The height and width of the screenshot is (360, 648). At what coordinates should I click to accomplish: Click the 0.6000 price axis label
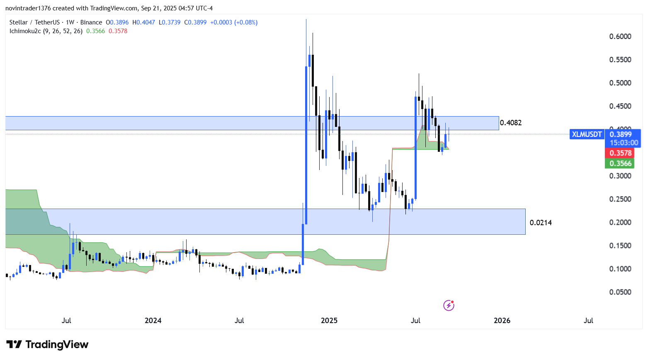620,36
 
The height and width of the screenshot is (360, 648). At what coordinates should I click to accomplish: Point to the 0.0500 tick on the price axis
620,292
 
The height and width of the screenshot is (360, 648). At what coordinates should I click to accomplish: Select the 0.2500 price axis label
620,199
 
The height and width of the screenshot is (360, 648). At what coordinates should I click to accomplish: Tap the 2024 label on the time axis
153,320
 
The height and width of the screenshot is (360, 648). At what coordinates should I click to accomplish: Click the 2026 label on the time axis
502,320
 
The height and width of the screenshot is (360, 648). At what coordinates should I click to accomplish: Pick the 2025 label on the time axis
329,320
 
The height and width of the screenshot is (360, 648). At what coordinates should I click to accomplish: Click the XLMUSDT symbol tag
587,134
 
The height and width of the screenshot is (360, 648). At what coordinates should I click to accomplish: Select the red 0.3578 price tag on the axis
620,153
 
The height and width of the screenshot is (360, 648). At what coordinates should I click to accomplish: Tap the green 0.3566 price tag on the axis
620,163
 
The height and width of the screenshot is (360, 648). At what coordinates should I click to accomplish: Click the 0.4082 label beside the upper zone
511,123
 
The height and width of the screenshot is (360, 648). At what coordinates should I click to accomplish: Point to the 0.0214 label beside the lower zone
541,223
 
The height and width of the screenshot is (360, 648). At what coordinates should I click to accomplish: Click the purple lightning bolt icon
449,306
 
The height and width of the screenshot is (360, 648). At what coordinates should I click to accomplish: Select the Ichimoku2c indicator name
25,31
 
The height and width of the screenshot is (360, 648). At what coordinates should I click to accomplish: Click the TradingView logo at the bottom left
47,345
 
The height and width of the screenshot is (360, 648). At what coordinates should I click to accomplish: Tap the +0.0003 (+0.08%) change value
234,22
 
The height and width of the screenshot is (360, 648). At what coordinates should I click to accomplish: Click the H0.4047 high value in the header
146,22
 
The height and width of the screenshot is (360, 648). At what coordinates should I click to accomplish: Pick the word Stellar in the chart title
18,22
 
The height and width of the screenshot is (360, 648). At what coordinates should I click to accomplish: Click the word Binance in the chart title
91,22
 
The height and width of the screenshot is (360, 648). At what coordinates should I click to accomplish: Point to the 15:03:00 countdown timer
624,143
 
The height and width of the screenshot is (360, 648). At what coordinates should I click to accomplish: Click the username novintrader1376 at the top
28,8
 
